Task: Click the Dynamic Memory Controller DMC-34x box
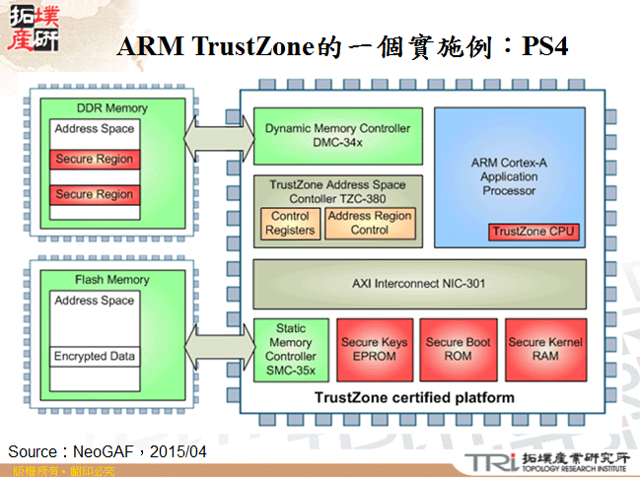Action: tap(338, 136)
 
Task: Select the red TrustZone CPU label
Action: tap(534, 232)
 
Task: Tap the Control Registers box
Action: tap(290, 223)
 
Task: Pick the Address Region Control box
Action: tap(370, 223)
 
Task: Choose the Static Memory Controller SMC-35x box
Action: tap(291, 349)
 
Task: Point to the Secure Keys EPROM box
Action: tap(374, 349)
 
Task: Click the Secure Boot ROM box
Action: tap(459, 349)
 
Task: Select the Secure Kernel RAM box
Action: tap(545, 349)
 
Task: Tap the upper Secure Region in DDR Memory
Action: tap(95, 160)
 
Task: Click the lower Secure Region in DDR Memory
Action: tap(95, 194)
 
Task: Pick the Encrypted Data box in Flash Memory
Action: tap(95, 356)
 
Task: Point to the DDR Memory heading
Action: tap(111, 108)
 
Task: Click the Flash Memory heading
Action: tap(111, 280)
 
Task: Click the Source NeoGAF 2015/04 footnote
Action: tap(107, 451)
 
